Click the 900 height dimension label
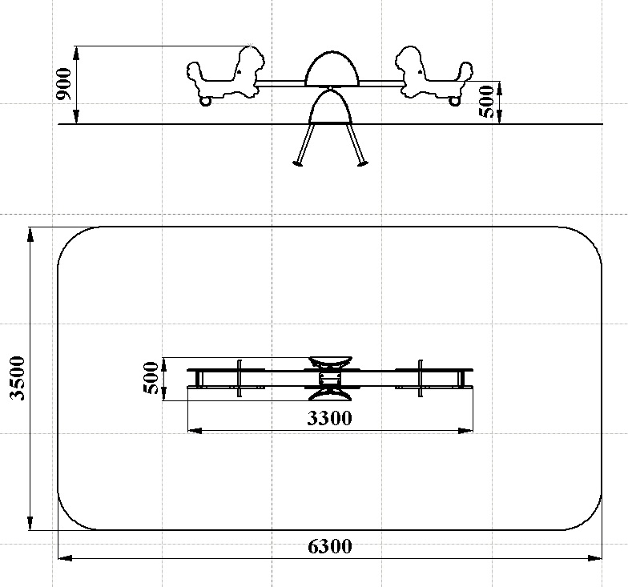[64, 85]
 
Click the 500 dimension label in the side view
[487, 102]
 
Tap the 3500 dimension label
[18, 378]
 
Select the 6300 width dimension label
[330, 546]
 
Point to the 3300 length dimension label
[330, 418]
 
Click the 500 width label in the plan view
[151, 378]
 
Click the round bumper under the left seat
[205, 101]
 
